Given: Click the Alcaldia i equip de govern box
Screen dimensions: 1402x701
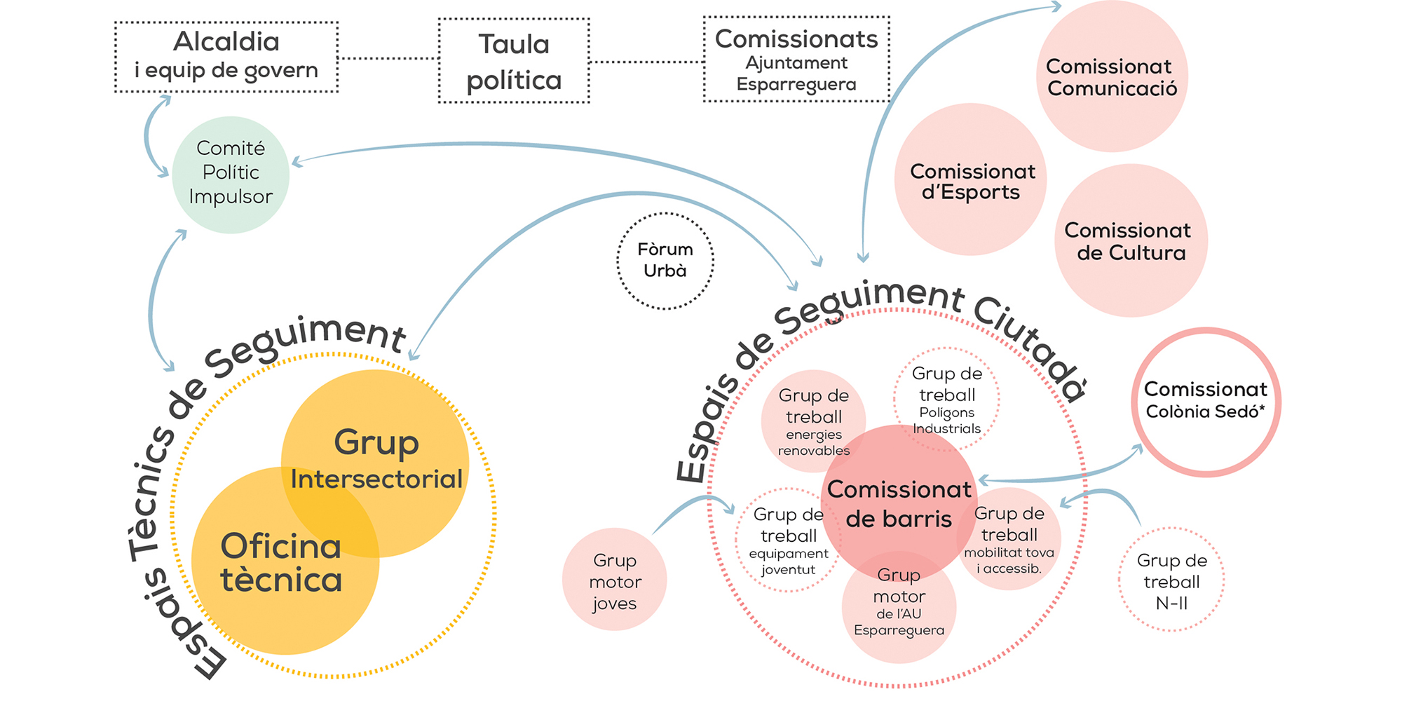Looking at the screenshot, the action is [x=226, y=57].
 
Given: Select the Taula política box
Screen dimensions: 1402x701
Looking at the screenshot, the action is [x=514, y=61].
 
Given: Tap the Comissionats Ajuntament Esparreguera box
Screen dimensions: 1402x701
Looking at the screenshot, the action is [x=796, y=59].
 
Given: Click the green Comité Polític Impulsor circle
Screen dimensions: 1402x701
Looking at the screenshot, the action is [x=231, y=175].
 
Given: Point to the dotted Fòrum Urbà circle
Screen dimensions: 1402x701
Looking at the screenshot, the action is [x=665, y=261].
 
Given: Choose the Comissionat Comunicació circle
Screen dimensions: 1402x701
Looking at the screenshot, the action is [x=1112, y=76].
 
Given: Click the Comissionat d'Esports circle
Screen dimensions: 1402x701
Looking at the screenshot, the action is [x=971, y=179].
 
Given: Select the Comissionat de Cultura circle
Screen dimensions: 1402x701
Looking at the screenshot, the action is [x=1131, y=240].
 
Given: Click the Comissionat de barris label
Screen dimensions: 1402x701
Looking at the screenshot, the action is [x=899, y=504].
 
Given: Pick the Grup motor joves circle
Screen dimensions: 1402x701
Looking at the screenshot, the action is [x=614, y=579].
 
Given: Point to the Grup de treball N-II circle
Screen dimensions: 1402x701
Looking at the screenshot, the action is [x=1171, y=580].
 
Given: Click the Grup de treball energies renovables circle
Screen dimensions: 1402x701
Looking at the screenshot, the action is [x=813, y=421].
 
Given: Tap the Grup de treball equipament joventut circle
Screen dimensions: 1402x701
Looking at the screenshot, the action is [x=788, y=540].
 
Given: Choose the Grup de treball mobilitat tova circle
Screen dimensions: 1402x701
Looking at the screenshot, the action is [x=1009, y=539].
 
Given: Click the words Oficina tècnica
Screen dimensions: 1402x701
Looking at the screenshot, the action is [x=281, y=563].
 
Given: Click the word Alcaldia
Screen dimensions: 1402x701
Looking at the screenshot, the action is [x=226, y=41].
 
